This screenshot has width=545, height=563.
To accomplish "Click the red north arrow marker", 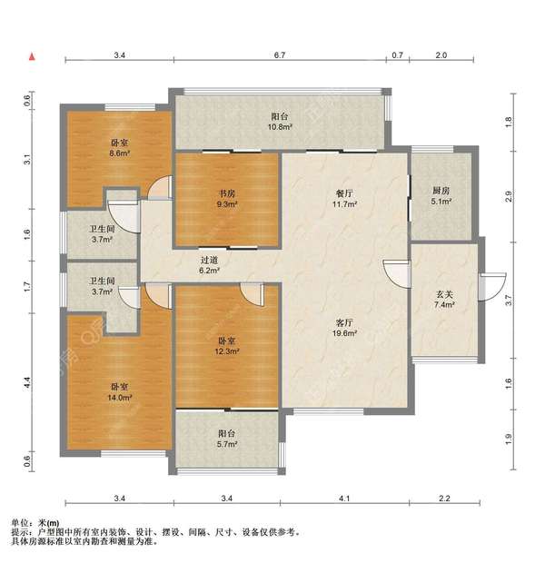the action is coord(33,56).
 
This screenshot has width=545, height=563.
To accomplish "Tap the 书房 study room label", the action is coord(227,194).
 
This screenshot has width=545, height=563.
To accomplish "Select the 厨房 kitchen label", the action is coord(441,191).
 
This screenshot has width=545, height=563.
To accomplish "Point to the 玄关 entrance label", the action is coord(444,295).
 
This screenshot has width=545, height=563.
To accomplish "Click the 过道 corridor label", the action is coord(210,260).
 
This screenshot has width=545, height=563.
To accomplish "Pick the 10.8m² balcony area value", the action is coord(280,127).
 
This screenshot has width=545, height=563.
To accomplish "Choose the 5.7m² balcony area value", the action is coord(227,444).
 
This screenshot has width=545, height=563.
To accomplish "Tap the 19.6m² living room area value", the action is coord(344,333).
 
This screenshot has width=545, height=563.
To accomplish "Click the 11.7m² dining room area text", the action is coord(344,204).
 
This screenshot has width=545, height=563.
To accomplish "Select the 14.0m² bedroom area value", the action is coord(120,398).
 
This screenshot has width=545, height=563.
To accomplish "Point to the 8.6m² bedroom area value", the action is coord(120,153).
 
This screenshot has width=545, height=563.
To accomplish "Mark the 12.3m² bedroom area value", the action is coord(227,351).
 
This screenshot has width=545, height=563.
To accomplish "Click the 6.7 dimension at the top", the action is coord(280,55).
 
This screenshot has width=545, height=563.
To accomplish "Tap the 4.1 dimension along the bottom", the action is coord(344,499).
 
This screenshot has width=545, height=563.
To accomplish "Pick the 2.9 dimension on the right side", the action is coord(509,196).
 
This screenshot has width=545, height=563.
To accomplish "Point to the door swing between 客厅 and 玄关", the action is coord(397,274).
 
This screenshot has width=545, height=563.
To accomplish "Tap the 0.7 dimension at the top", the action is coord(397,55).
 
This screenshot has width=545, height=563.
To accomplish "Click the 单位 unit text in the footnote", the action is coord(20,523).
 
